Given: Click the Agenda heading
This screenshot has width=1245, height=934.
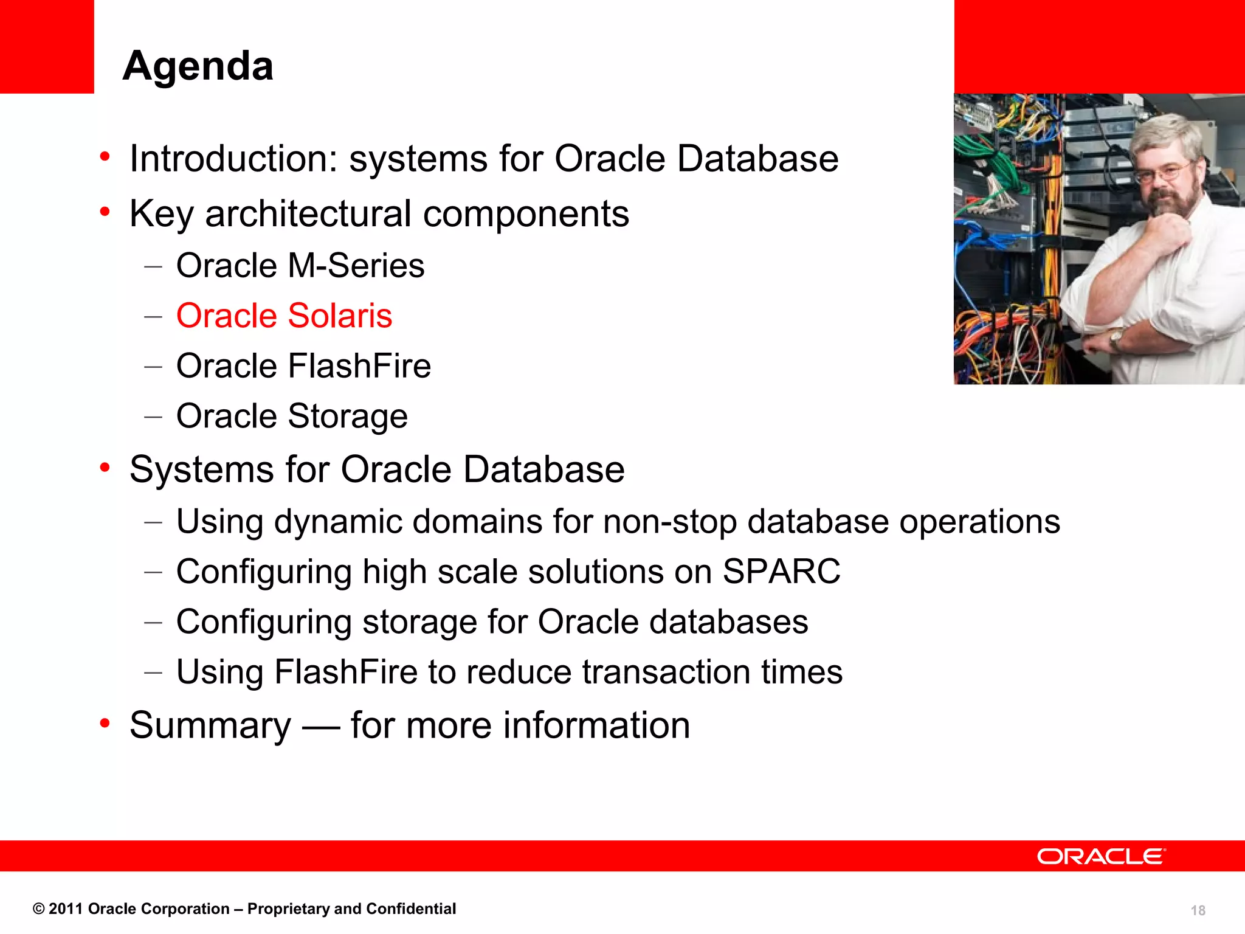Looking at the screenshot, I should pyautogui.click(x=198, y=66).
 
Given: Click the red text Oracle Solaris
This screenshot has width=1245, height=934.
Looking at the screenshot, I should pyautogui.click(x=284, y=316).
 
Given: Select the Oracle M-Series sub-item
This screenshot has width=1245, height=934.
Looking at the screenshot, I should pyautogui.click(x=300, y=266).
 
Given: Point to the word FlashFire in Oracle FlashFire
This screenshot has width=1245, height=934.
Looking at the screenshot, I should pyautogui.click(x=359, y=366).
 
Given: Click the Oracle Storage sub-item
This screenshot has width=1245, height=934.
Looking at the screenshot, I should pyautogui.click(x=292, y=417).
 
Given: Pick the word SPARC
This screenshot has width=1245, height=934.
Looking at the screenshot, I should pyautogui.click(x=781, y=572).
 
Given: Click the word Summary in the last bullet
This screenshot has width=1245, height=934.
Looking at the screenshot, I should pyautogui.click(x=210, y=725).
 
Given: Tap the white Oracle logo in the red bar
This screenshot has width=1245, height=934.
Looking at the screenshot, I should pyautogui.click(x=1100, y=856).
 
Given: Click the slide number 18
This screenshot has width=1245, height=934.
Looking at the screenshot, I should pyautogui.click(x=1198, y=910).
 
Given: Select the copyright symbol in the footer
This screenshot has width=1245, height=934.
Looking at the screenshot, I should pyautogui.click(x=38, y=909).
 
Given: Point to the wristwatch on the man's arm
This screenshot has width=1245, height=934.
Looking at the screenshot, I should pyautogui.click(x=1116, y=337).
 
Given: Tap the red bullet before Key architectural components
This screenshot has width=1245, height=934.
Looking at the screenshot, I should pyautogui.click(x=105, y=212).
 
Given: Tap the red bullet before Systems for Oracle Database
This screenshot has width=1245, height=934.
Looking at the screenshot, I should pyautogui.click(x=105, y=468).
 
